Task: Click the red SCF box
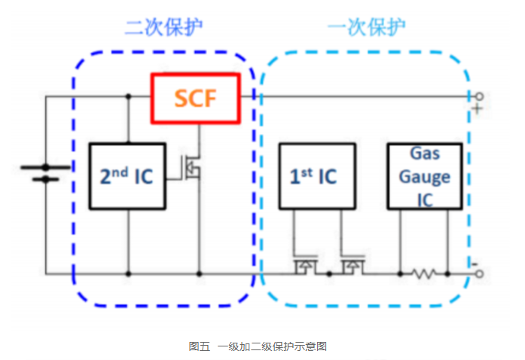(x=195, y=98)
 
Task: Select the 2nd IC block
(x=127, y=176)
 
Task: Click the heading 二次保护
(x=163, y=28)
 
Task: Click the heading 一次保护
(x=367, y=28)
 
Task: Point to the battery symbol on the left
(x=45, y=173)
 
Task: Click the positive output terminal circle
(x=478, y=96)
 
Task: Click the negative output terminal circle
(x=478, y=274)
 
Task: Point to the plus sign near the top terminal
(x=477, y=110)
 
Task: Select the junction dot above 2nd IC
(x=127, y=96)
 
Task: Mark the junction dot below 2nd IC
(x=127, y=274)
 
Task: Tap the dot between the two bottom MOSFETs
(x=328, y=274)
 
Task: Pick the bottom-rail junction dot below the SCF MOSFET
(x=200, y=274)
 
